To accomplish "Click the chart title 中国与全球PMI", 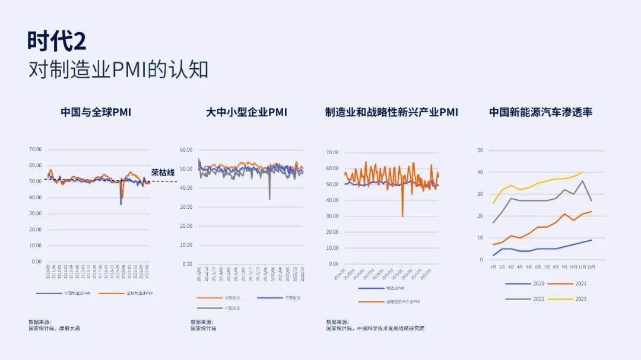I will (96, 111).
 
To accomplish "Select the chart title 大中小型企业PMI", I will (246, 111).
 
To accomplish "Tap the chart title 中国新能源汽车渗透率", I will (541, 111).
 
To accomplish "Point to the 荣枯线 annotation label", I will (163, 173).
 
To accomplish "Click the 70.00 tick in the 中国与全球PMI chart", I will (35, 149).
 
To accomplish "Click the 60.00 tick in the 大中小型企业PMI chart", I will (187, 150).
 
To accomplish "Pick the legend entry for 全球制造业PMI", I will (138, 293).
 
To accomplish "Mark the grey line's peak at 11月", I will (583, 181).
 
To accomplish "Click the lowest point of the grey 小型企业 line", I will (269, 199).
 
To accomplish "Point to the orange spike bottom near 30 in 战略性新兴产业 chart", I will (402, 216).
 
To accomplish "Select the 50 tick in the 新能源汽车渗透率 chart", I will (480, 151).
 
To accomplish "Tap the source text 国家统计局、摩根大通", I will (54, 328).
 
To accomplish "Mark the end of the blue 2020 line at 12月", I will (592, 240).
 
